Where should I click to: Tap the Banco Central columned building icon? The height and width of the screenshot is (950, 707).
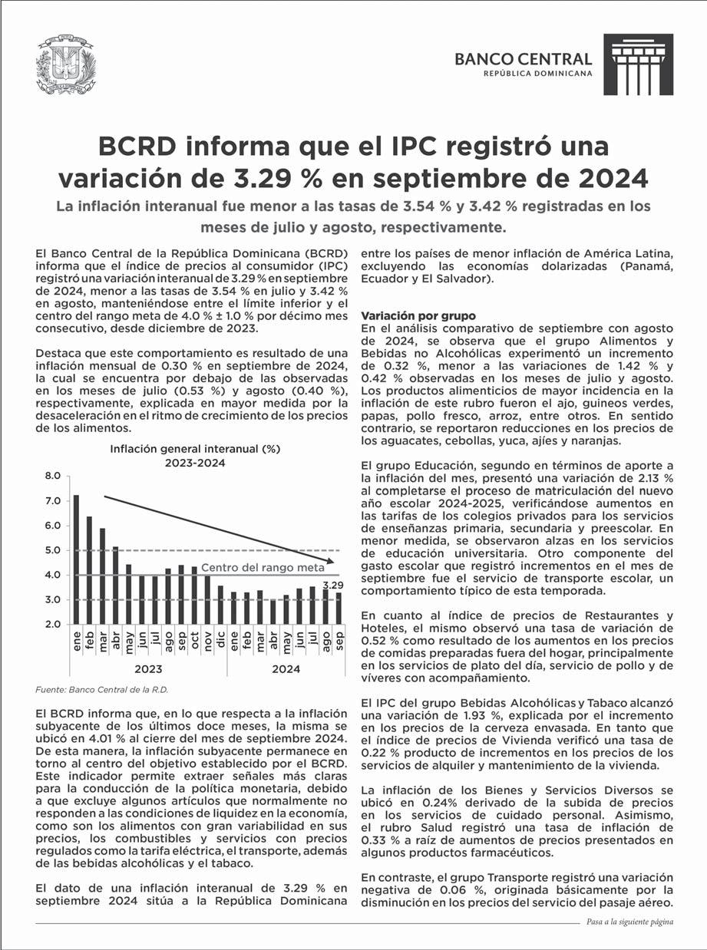pos(638,64)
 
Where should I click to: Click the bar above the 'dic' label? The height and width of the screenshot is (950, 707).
pos(220,605)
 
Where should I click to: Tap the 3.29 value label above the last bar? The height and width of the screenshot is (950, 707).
pos(333,585)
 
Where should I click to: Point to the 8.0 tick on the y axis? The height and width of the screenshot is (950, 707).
pos(51,477)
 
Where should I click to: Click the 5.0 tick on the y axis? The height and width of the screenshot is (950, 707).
pos(51,550)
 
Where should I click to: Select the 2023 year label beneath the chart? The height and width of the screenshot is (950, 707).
pos(148,668)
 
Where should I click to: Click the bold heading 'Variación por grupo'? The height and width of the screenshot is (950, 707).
pos(418,316)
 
